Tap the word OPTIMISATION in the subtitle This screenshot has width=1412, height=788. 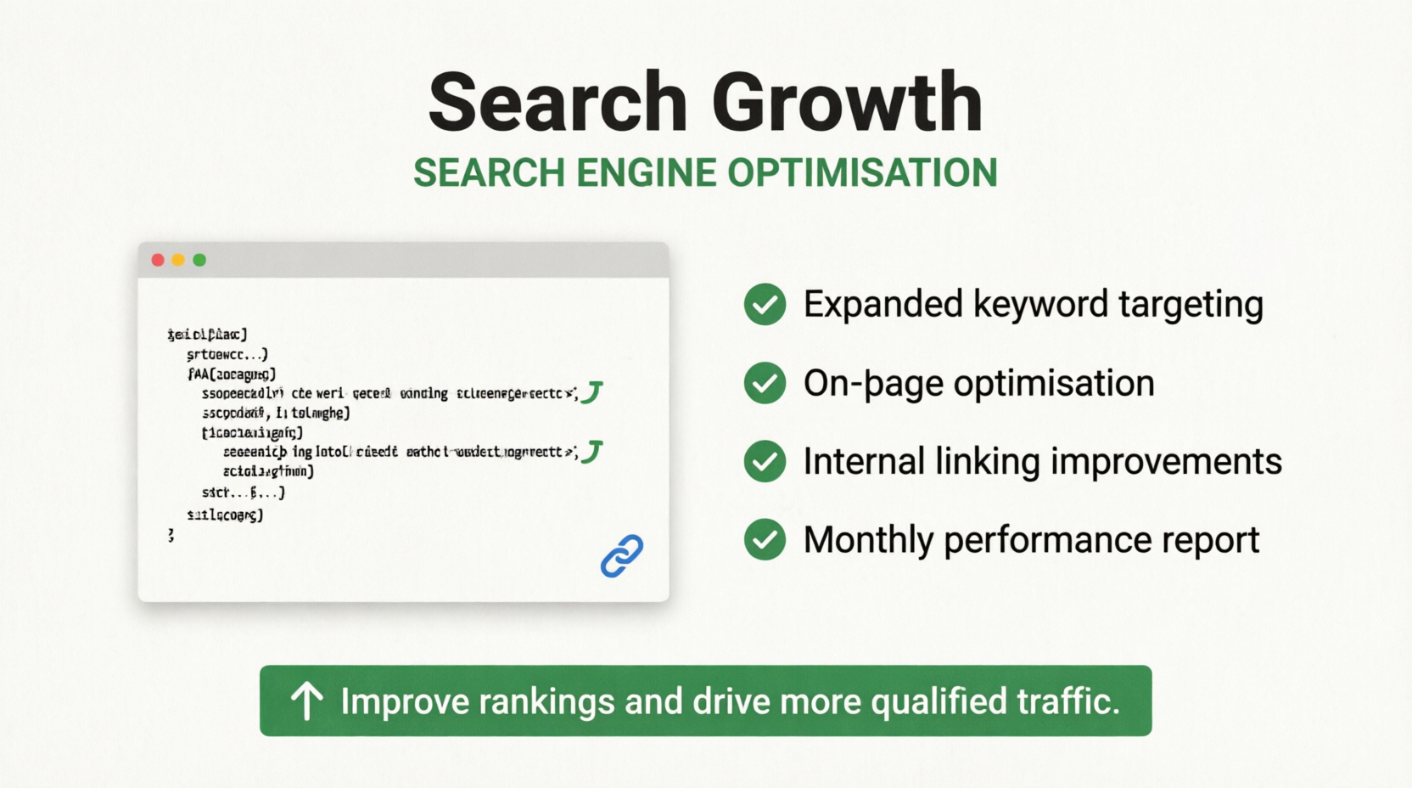pos(862,173)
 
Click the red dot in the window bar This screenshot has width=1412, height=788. pos(158,260)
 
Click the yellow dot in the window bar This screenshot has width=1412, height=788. pos(178,260)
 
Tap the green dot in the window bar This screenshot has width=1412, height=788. pos(199,260)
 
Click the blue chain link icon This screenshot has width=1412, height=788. pos(622,556)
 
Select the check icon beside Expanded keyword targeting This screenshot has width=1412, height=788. pos(765,304)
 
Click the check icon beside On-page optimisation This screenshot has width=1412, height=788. pos(765,383)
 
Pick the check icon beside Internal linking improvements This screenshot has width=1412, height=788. pos(765,461)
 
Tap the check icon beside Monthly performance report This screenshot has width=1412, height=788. pos(765,540)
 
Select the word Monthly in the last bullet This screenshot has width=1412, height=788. pos(867,540)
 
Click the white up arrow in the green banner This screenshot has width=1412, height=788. pos(307,701)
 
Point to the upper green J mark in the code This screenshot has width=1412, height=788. pos(591,391)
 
